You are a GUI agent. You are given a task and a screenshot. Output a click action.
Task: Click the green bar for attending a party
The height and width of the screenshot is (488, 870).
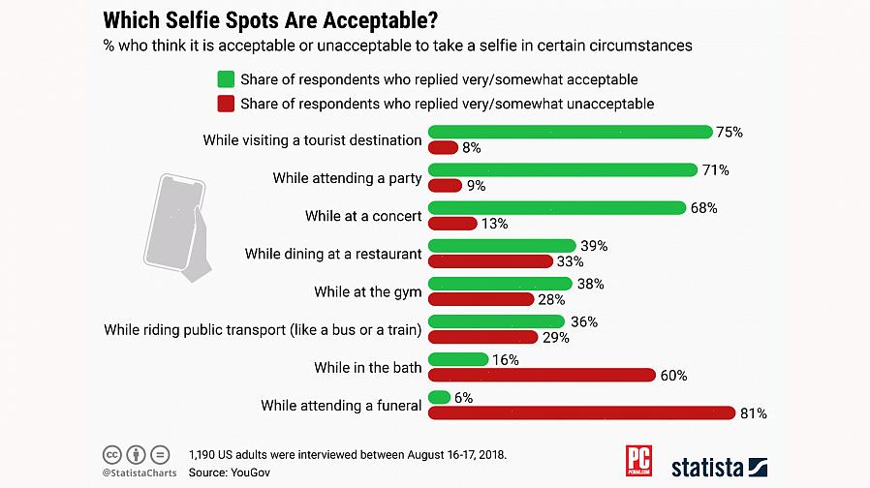[563, 169]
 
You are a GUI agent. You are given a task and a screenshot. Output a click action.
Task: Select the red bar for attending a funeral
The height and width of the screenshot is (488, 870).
[581, 413]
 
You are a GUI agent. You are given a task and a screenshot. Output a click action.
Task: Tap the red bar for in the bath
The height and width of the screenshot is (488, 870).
[542, 376]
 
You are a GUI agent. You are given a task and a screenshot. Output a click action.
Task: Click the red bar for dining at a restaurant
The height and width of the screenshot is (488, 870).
[490, 261]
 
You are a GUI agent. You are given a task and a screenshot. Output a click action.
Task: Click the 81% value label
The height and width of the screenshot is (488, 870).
[753, 413]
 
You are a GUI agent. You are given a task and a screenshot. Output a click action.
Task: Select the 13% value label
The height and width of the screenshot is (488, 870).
[494, 224]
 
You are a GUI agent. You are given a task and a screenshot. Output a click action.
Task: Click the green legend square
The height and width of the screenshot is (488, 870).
[226, 79]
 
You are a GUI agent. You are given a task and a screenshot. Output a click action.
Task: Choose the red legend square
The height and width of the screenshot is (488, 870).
[226, 103]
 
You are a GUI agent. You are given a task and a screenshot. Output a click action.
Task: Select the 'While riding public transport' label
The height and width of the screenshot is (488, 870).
[263, 330]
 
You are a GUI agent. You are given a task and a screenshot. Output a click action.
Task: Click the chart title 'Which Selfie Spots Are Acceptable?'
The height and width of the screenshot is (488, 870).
[269, 18]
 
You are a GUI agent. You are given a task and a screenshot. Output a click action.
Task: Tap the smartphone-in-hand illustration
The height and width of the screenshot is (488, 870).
[177, 228]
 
